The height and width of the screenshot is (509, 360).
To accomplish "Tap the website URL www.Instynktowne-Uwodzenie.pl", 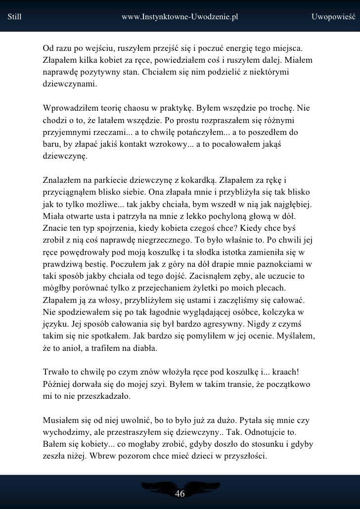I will point(180,16).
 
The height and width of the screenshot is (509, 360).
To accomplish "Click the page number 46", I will point(180,494).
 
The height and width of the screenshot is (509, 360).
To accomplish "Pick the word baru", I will point(51,144).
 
